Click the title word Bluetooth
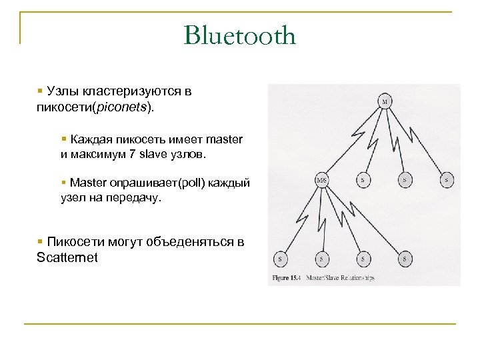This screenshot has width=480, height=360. pos(239,35)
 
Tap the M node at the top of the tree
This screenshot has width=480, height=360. pos(385,101)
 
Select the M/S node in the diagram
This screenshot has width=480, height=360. pos(322,179)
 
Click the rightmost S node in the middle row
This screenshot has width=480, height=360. pos(447,179)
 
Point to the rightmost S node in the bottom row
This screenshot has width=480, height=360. pos(404,258)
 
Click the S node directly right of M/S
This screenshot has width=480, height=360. pos(363,179)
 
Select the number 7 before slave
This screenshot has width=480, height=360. pos(132,155)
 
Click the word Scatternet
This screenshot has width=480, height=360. pos(67,257)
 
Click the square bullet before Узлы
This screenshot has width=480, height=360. pos(41,91)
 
